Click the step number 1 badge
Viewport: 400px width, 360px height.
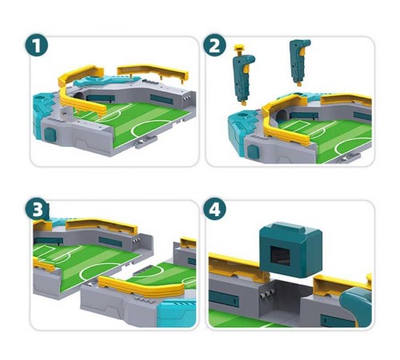pos(37,45)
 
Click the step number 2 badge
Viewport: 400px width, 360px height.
pos(214,45)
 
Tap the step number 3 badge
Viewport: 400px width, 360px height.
pos(37,209)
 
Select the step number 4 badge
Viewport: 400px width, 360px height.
pos(214,209)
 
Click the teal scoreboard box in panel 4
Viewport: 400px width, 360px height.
pos(290,250)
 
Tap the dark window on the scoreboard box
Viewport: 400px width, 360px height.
pos(280,256)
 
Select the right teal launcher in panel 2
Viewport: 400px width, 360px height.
pos(299,62)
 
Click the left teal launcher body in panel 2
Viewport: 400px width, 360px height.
pos(243,78)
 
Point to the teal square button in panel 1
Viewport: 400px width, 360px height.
pos(50,134)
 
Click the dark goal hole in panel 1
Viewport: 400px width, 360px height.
pos(78,96)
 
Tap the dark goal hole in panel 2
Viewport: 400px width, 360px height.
pos(281,115)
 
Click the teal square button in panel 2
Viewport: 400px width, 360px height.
pos(253,152)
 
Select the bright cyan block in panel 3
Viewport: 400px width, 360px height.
pos(177,313)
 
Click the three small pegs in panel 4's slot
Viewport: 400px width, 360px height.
pos(266,294)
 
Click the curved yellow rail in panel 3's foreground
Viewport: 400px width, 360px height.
pos(142,286)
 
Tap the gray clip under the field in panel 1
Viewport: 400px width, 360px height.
pos(146,142)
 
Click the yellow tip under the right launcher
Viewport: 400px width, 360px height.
pos(299,84)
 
